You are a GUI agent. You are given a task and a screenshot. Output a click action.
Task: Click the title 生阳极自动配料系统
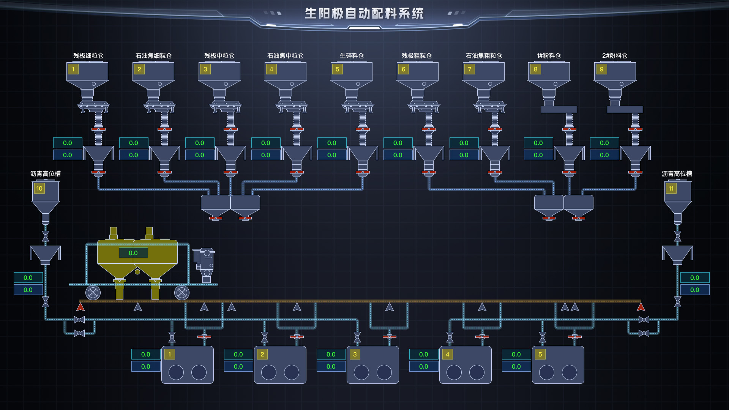coord(364,14)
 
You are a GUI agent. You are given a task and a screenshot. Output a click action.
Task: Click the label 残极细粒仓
coord(88,56)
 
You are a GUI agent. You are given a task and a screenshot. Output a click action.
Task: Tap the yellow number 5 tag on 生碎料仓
coord(337,69)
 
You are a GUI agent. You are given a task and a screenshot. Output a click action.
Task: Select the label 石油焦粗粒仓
coord(484,56)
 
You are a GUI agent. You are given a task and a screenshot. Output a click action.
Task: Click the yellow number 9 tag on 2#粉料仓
coord(601,69)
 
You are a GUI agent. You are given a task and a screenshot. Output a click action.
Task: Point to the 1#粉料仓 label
coord(549,56)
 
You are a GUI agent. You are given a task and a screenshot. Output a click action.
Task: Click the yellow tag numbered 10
coord(39,189)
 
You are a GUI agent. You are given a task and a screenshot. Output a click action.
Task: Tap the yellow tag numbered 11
coord(671,189)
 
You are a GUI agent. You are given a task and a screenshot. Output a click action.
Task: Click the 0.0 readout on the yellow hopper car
coord(133,253)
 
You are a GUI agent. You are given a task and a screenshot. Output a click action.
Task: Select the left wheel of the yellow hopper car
coord(93,293)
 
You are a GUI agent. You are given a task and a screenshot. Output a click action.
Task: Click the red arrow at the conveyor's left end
coord(80,307)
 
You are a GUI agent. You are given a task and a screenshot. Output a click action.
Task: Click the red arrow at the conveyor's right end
coord(641,307)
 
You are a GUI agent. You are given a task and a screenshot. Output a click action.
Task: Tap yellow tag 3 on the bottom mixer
coord(355,355)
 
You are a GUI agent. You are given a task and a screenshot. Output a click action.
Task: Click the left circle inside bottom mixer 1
coord(176,372)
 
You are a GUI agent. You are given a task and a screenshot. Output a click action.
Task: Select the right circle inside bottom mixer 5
coord(570,372)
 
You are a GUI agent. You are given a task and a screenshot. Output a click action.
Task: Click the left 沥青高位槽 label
coord(46,174)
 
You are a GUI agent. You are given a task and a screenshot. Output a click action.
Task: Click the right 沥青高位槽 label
coord(677,174)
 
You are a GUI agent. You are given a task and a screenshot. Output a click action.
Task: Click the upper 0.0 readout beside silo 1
coord(68,143)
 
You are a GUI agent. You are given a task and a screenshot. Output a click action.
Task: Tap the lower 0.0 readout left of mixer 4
coord(424,367)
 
